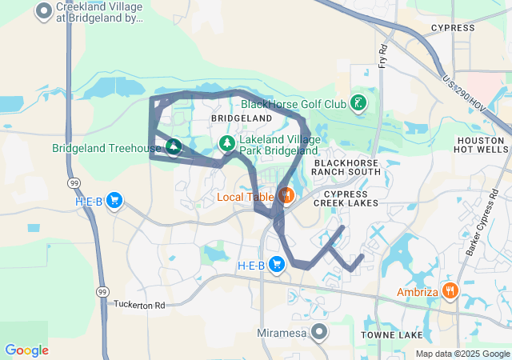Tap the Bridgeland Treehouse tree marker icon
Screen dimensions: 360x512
point(173,147)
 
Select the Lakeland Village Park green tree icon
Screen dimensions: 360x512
point(227,143)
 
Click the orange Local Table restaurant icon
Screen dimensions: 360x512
point(285,195)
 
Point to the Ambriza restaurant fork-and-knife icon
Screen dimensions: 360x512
point(450,291)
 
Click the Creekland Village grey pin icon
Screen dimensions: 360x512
point(45,11)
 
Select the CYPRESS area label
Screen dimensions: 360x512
point(453,28)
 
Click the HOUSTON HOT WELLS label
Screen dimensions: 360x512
point(481,145)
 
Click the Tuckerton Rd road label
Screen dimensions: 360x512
point(138,305)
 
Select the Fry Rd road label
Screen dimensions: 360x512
point(383,55)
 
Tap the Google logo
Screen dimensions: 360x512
point(26,350)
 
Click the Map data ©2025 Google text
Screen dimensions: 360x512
point(462,354)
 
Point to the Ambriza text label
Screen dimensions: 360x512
point(418,292)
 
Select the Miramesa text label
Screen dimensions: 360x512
point(284,331)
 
